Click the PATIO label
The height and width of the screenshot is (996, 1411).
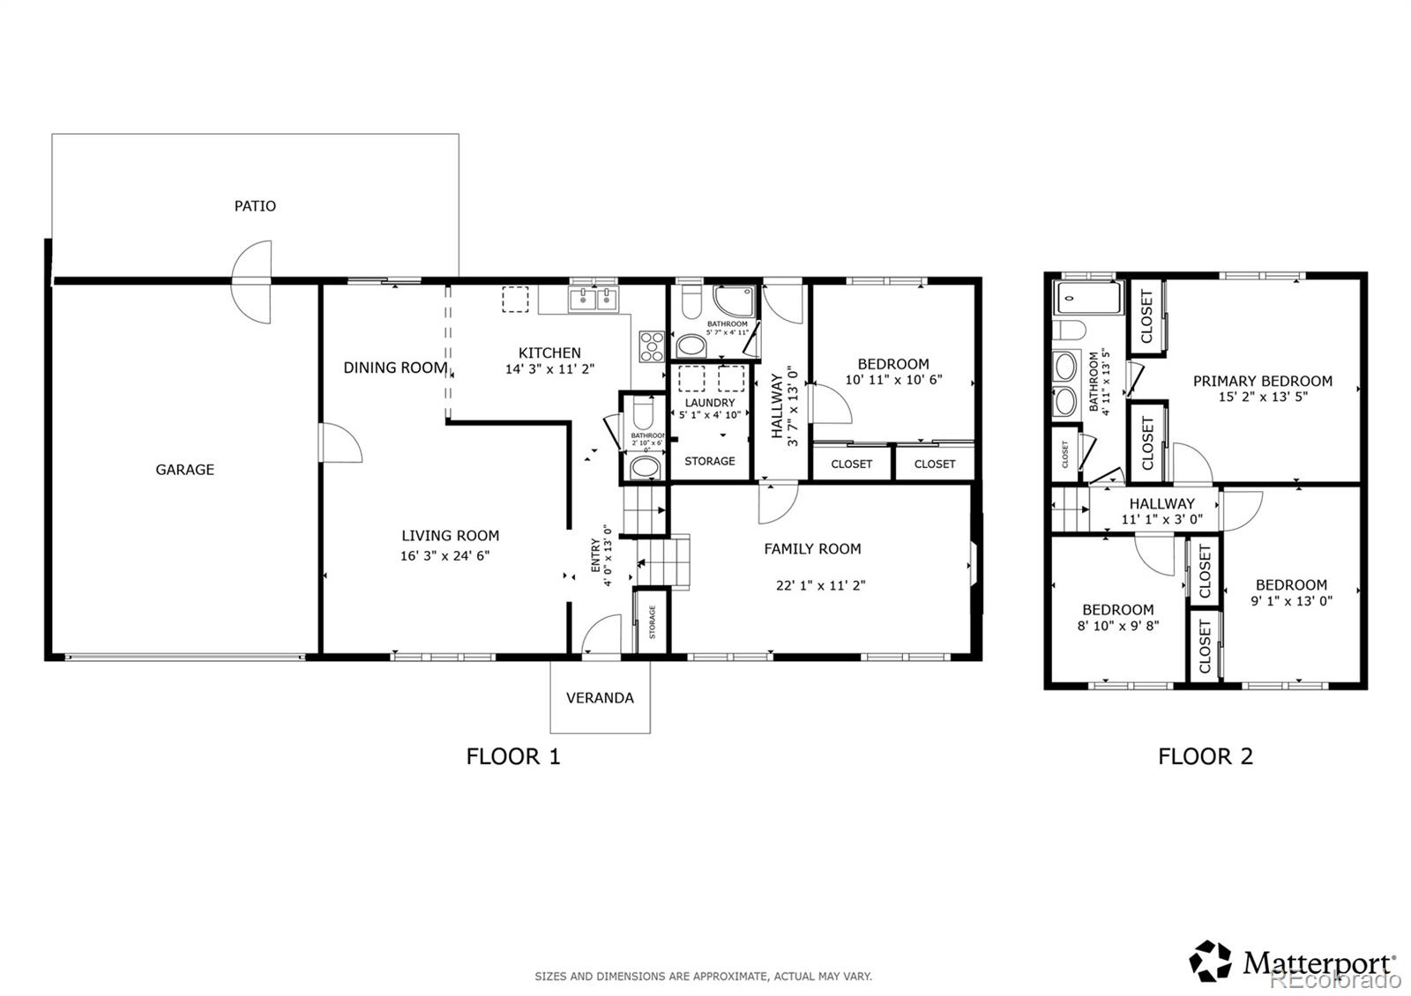[255, 205]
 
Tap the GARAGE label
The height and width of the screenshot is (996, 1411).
[185, 470]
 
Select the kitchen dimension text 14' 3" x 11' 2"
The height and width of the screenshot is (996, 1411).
[549, 370]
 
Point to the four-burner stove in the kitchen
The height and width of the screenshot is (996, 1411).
[652, 346]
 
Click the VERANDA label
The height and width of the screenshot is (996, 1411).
[600, 698]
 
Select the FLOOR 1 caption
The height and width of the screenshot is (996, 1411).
[513, 756]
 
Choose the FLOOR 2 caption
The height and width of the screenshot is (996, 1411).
[1205, 756]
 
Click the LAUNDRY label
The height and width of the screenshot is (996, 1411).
[710, 403]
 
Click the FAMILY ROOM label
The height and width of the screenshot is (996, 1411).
[812, 549]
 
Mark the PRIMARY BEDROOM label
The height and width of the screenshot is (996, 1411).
[1262, 382]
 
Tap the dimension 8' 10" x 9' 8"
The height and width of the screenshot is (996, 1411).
[1118, 626]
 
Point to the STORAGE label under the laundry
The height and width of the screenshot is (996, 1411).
[710, 461]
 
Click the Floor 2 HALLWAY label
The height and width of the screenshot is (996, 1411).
[1161, 503]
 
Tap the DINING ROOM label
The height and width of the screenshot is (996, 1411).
[395, 368]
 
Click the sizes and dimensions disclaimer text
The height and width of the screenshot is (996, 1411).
[703, 976]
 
